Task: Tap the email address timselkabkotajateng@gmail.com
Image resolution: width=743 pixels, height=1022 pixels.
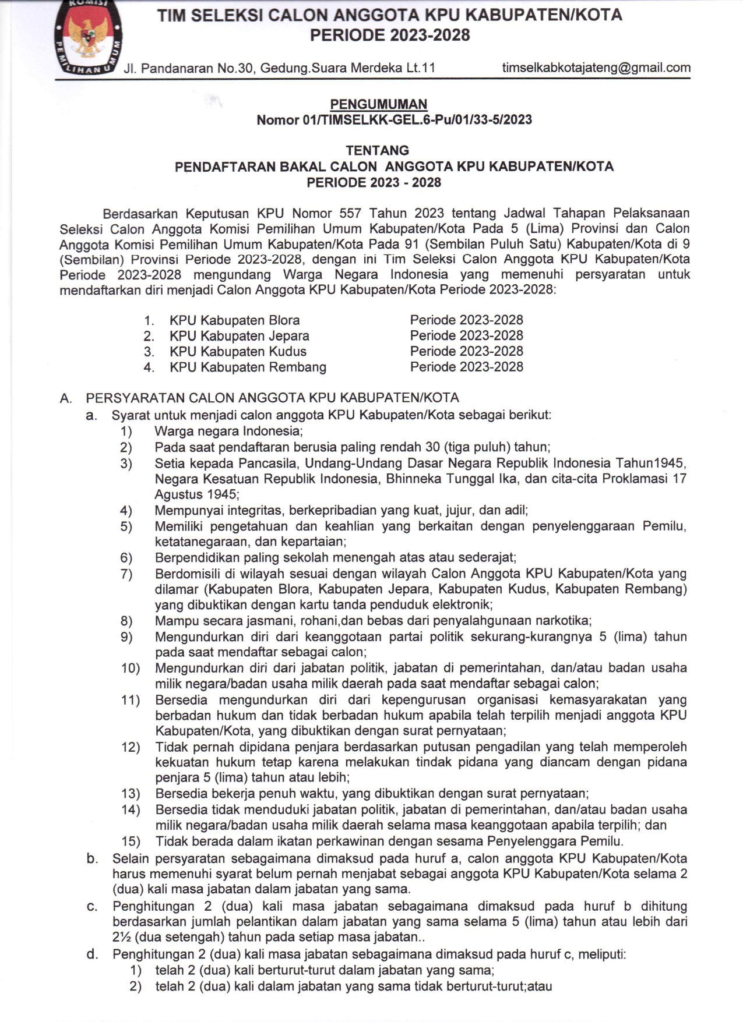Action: tap(596, 68)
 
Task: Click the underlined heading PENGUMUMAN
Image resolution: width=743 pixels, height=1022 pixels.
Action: tap(378, 104)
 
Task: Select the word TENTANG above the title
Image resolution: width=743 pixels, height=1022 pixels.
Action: tap(377, 150)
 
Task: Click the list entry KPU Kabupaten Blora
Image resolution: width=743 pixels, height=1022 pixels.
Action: tap(234, 320)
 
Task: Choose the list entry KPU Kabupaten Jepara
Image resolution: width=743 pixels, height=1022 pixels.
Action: tap(239, 336)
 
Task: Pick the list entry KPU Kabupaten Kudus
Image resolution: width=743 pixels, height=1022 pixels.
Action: tap(238, 352)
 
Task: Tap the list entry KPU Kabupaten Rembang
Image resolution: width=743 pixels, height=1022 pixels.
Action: tap(248, 367)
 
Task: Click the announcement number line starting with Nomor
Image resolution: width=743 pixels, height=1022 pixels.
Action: tap(394, 120)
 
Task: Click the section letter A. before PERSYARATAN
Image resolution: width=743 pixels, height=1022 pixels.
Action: tap(66, 398)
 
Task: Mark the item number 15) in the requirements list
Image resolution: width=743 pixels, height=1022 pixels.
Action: tap(131, 841)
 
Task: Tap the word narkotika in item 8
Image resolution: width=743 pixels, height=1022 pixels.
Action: tap(562, 621)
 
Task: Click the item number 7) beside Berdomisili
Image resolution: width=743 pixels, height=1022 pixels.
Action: tap(126, 574)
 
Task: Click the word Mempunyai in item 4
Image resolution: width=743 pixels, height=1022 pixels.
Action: tap(188, 511)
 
